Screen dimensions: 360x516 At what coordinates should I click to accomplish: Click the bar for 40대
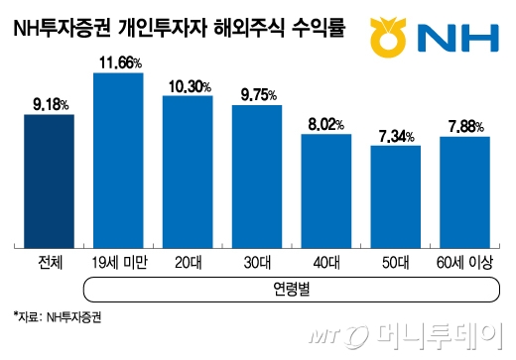pyautogui.click(x=325, y=190)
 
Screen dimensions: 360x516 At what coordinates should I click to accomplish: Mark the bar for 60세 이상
pyautogui.click(x=464, y=191)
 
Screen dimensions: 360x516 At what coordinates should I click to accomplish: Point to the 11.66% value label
pyautogui.click(x=118, y=62)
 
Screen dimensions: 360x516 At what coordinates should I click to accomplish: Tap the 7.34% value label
pyautogui.click(x=396, y=135)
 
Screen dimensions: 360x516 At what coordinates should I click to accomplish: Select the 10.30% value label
pyautogui.click(x=188, y=86)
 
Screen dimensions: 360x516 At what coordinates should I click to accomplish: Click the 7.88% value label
pyautogui.click(x=465, y=125)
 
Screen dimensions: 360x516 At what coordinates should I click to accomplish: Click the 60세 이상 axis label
pyautogui.click(x=464, y=264)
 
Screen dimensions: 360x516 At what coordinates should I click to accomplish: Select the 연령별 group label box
pyautogui.click(x=291, y=290)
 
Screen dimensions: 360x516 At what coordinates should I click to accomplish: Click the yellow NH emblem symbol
pyautogui.click(x=386, y=37)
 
